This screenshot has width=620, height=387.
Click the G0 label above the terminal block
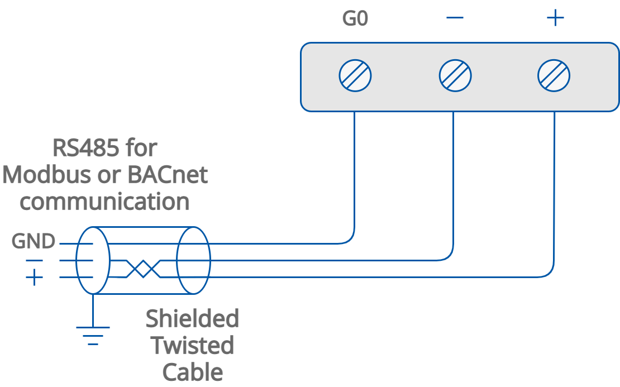pos(355,20)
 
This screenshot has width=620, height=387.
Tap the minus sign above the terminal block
pos(455,18)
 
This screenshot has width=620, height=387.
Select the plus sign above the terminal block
pos(555,18)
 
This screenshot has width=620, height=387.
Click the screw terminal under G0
pos(355,75)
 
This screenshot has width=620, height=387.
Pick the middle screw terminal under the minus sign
pos(455,75)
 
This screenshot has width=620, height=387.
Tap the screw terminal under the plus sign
pos(554,75)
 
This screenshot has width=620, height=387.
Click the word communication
pos(104,202)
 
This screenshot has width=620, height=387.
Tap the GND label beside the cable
pos(34,242)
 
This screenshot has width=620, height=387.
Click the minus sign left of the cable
pos(34,260)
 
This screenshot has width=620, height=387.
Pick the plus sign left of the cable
pos(35,277)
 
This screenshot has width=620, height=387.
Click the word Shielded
pos(192,319)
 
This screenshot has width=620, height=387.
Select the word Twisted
pos(192,346)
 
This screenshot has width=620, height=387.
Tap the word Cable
pos(192,372)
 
